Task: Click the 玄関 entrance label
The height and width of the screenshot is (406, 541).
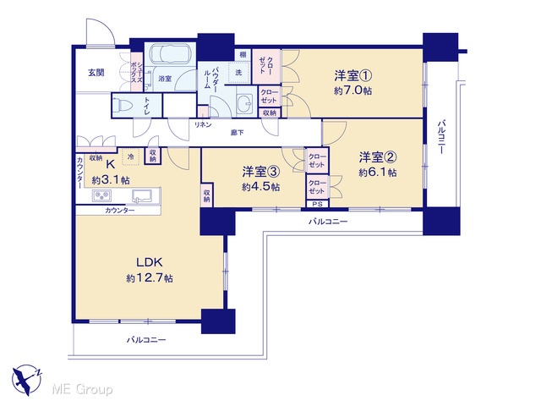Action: [x=96, y=73]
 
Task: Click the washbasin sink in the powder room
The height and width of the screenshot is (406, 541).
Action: [x=246, y=102]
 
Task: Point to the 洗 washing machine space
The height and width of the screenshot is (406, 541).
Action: [x=238, y=73]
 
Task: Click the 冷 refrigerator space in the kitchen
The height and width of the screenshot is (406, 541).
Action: [x=131, y=156]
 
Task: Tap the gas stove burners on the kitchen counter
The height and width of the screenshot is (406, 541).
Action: [x=101, y=195]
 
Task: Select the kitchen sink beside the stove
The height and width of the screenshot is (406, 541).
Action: [x=142, y=195]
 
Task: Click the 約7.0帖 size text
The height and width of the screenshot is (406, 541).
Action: [x=352, y=91]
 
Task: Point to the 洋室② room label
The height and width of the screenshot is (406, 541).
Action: [x=378, y=157]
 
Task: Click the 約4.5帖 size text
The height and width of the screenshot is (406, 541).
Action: [x=261, y=187]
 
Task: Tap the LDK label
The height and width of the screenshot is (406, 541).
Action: [x=150, y=262]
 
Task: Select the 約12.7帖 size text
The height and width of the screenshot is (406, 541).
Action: [x=150, y=278]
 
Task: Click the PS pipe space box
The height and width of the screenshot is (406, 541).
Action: [x=318, y=204]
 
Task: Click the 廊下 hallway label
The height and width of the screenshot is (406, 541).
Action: [x=238, y=132]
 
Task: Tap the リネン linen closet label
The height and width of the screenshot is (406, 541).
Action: [x=203, y=125]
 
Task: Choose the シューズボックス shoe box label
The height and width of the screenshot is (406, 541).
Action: [x=137, y=72]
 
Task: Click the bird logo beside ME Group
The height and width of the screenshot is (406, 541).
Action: [x=26, y=380]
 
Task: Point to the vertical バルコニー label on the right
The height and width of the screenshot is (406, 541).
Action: [x=441, y=137]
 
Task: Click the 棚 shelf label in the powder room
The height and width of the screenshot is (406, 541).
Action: [x=243, y=54]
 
